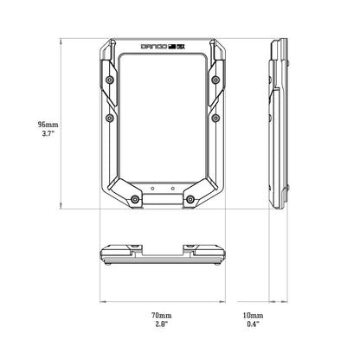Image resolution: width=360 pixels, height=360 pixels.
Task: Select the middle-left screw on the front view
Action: [109, 117]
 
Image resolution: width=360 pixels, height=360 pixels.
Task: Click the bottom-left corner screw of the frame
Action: [135, 200]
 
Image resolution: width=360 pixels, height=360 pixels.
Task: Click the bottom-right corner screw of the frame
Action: [189, 200]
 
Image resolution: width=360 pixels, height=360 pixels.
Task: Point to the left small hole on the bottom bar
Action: [152, 186]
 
